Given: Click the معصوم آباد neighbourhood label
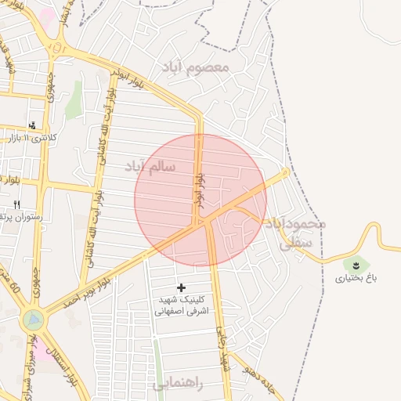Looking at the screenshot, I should tap(195, 67).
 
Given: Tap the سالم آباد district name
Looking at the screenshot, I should tap(150, 167).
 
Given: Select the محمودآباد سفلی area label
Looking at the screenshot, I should tap(294, 233).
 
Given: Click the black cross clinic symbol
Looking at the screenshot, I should tap(182, 288).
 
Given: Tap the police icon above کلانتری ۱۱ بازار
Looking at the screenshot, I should tap(32, 125).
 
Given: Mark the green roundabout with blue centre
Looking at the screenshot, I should tap(34, 320).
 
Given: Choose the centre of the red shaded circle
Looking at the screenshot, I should tap(200, 200).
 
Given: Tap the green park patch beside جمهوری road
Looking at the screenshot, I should tap(74, 106).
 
